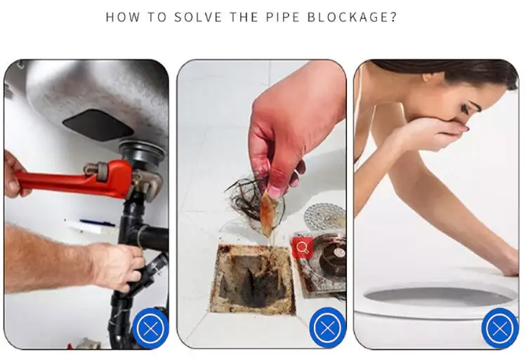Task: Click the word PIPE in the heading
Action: coord(282,17)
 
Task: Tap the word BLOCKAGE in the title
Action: coord(348,17)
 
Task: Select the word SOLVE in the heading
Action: coord(198,17)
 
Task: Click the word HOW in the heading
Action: coord(122,17)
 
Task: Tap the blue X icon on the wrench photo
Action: coord(150,328)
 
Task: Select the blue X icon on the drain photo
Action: coord(327,328)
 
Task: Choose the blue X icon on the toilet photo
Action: coord(500,328)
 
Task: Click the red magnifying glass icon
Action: coord(302,248)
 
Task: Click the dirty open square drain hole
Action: coord(252,279)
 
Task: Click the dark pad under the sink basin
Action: coord(98,125)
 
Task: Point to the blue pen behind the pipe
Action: coord(98,222)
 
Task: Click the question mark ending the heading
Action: coord(393,17)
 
